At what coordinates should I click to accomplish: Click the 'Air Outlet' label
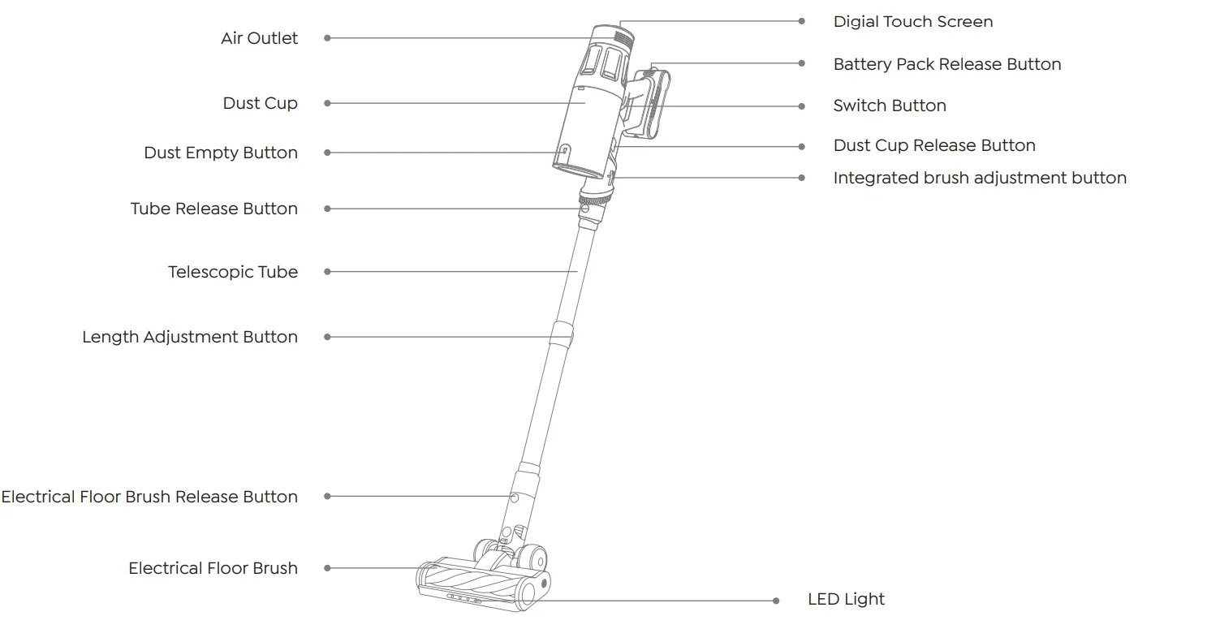click(x=259, y=38)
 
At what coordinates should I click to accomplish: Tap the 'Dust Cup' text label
click(x=260, y=103)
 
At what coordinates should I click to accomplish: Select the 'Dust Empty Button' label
click(x=221, y=153)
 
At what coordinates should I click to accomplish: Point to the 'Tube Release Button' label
click(x=214, y=209)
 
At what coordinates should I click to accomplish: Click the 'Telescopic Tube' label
click(x=233, y=272)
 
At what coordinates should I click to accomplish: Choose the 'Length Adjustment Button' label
click(x=190, y=337)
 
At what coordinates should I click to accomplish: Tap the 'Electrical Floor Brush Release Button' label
click(x=149, y=497)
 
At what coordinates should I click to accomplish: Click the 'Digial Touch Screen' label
click(x=913, y=22)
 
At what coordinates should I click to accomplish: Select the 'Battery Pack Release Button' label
click(x=947, y=64)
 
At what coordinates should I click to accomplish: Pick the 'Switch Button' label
click(x=890, y=106)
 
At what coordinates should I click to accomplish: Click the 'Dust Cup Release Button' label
click(x=934, y=146)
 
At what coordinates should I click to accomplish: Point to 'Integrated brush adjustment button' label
click(x=980, y=178)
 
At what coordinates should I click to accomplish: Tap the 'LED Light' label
click(x=846, y=600)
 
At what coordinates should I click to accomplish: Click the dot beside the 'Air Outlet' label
click(x=327, y=38)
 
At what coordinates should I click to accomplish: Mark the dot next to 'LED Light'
click(x=777, y=601)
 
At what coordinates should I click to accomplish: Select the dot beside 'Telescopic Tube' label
click(x=327, y=272)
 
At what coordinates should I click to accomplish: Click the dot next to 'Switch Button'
click(x=802, y=106)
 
